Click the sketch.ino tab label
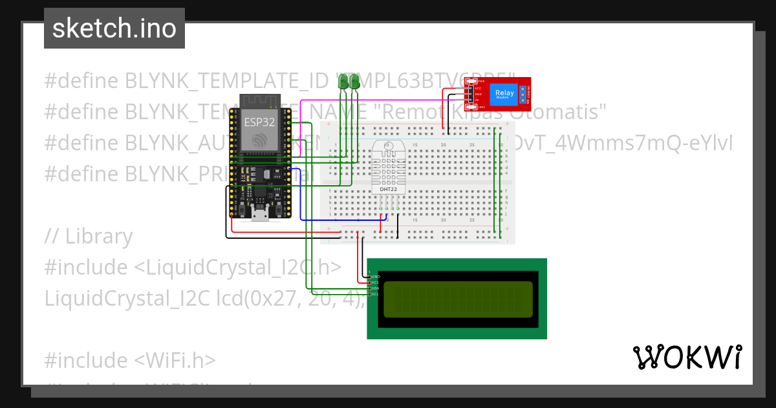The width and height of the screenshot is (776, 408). point(114,28)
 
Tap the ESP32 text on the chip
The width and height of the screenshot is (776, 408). point(259,121)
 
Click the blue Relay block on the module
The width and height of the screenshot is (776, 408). point(504,95)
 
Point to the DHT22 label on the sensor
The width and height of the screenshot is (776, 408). point(388,189)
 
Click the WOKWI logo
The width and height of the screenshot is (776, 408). point(687,357)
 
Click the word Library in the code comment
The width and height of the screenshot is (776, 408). point(99,236)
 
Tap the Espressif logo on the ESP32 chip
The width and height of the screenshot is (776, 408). point(259,141)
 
